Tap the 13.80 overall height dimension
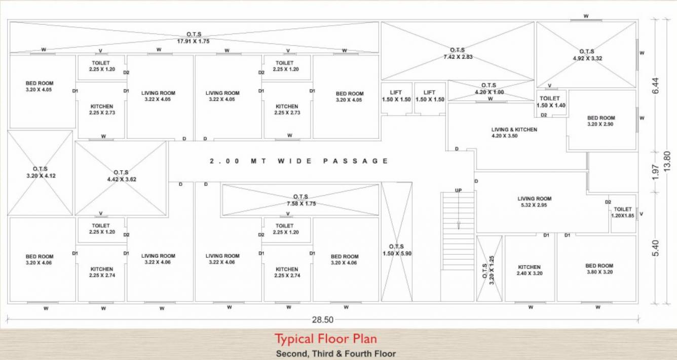click(667, 161)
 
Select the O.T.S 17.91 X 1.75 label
click(193, 38)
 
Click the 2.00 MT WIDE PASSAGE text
click(299, 161)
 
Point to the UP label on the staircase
click(458, 190)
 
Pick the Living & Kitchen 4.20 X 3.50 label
click(514, 133)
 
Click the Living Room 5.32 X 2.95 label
click(534, 202)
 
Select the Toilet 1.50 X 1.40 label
click(551, 102)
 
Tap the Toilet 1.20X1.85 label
click(622, 212)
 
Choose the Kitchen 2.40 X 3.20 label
click(529, 270)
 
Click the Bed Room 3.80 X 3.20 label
click(599, 269)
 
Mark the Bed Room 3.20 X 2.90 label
click(600, 121)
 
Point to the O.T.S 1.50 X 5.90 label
click(397, 250)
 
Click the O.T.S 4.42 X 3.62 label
click(121, 176)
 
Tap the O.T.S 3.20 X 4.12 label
click(40, 172)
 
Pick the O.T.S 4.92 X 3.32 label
click(586, 55)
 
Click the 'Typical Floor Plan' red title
click(325, 339)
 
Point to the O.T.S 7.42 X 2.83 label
click(457, 53)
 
